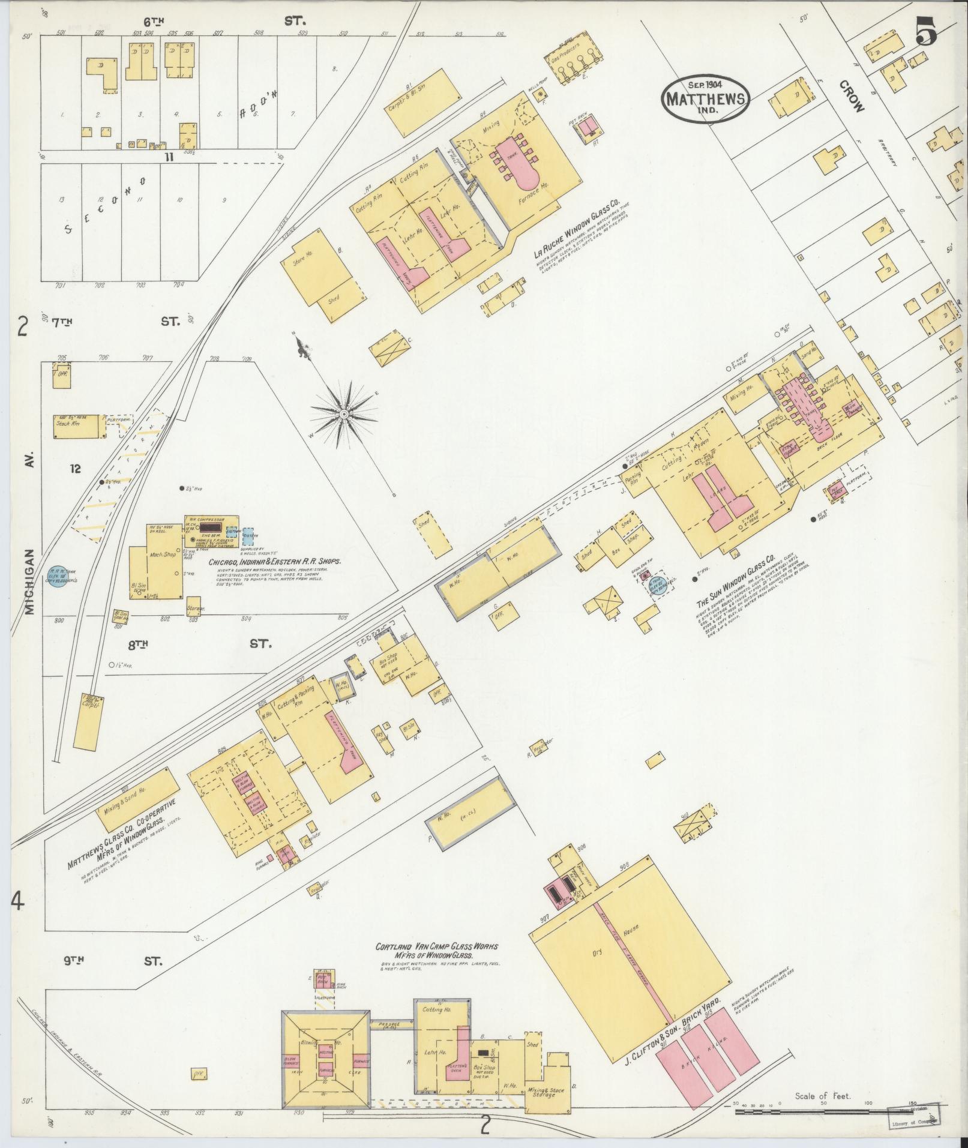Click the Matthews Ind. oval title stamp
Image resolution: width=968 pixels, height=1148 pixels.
pyautogui.click(x=705, y=100)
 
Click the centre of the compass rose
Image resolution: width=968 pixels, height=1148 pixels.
pyautogui.click(x=344, y=414)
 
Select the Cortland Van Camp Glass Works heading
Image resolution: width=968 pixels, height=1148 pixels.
pyautogui.click(x=436, y=946)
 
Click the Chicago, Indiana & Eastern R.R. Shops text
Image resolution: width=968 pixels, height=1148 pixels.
pyautogui.click(x=274, y=562)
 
